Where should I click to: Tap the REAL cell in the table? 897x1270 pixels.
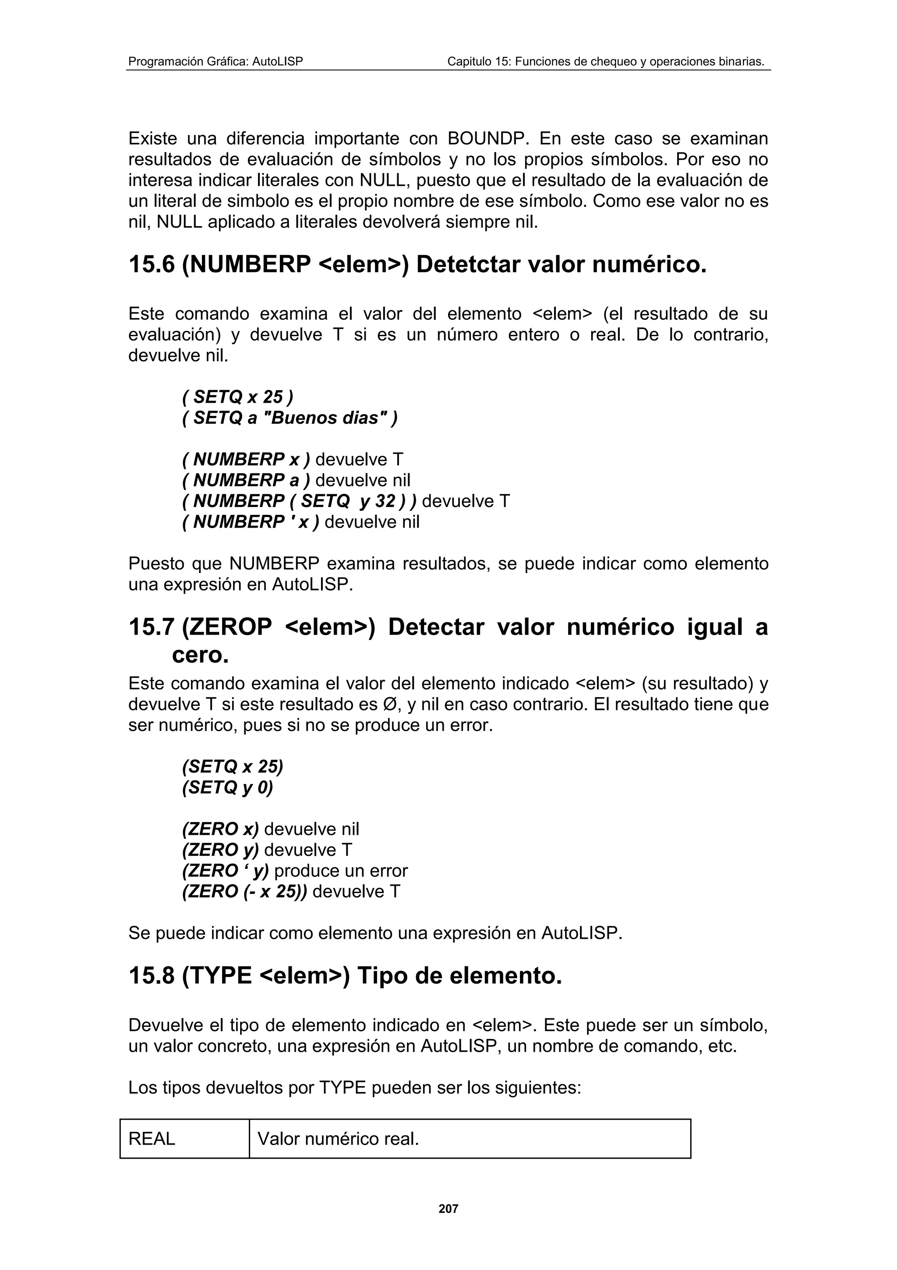(x=152, y=1139)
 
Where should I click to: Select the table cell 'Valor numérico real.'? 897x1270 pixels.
(x=338, y=1139)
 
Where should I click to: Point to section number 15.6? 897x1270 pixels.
(x=152, y=264)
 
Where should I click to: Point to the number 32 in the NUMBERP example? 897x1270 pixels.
(x=385, y=501)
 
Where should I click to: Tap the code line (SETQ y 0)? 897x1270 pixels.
(x=227, y=787)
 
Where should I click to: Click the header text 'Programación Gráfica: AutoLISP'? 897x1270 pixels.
(x=215, y=61)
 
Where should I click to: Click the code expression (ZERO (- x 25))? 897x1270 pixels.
(x=244, y=892)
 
